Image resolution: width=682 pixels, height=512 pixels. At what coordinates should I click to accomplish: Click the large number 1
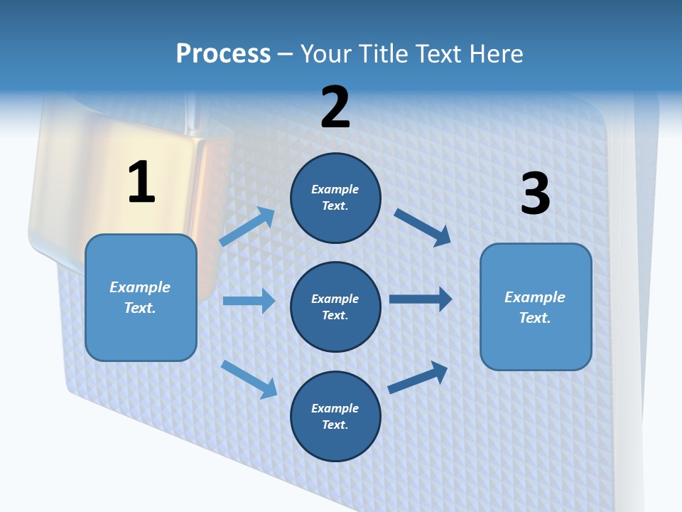pos(141,182)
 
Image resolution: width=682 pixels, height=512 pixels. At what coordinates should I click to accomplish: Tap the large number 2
pos(335,107)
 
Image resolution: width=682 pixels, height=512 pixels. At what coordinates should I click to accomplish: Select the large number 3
pos(535,193)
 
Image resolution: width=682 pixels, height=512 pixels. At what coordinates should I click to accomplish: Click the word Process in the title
pos(223,53)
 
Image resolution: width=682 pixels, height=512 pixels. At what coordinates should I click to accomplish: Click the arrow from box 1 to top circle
pos(247,227)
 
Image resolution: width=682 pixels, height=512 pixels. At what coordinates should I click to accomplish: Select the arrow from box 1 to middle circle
pos(249,301)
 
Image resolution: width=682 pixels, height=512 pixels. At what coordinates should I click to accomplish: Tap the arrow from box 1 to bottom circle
pos(249,379)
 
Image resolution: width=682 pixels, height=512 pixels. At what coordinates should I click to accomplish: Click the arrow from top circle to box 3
pos(423,227)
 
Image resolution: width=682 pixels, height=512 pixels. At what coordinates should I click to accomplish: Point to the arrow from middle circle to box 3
pos(421,299)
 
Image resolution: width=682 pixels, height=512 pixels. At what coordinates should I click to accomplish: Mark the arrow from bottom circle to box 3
pos(418,377)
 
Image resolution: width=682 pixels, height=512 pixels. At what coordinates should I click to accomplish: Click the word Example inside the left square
pos(140,287)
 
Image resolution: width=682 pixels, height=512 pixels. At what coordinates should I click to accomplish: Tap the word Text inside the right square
pos(534,318)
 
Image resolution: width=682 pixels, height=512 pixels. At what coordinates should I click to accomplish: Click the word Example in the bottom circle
pos(335,408)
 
